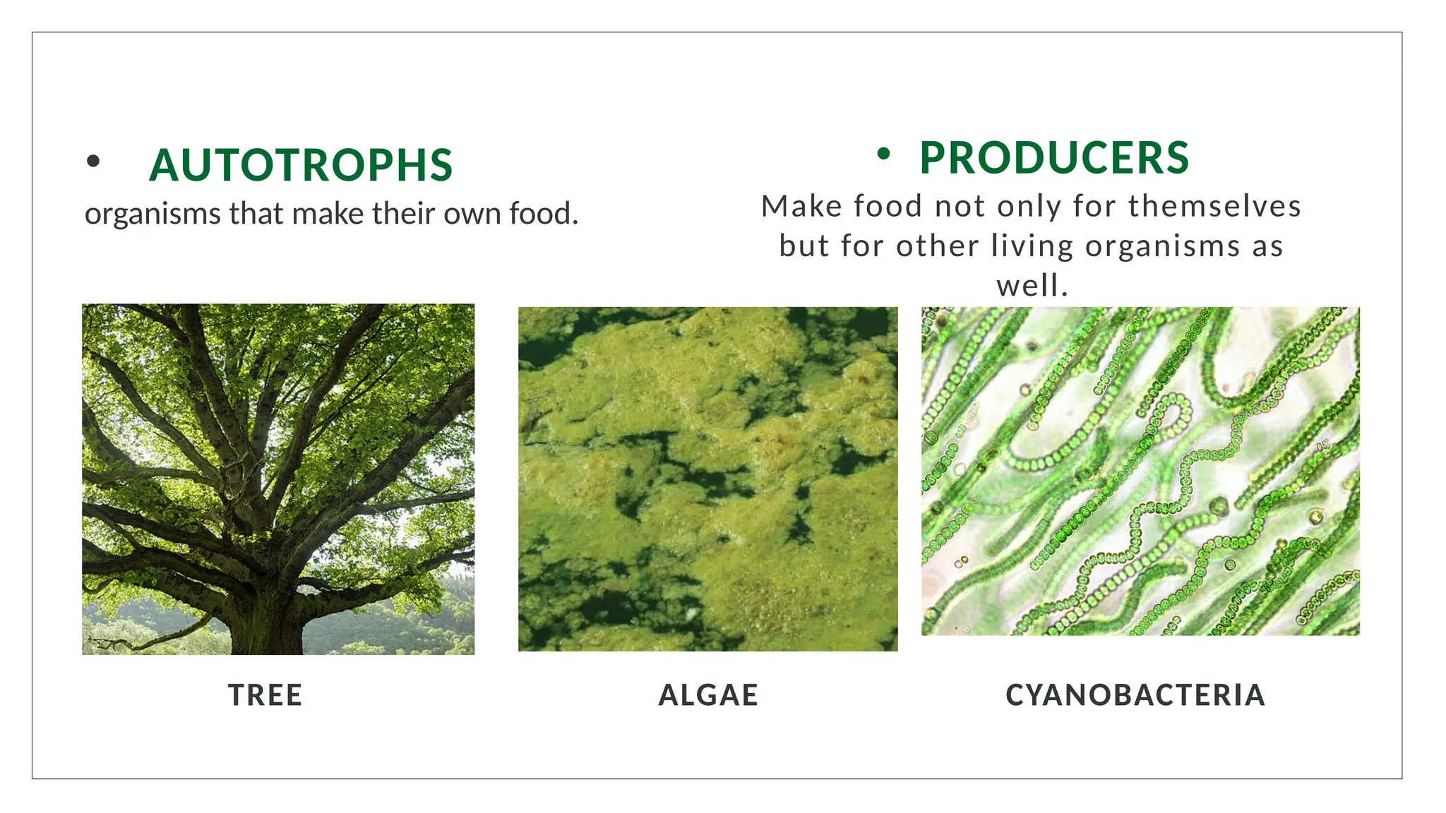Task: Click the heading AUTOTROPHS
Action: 301,165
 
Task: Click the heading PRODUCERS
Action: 1053,158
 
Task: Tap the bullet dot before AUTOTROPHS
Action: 93,162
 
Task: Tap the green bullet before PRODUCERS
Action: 883,153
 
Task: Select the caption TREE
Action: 265,695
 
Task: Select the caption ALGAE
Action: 708,695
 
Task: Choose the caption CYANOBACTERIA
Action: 1135,695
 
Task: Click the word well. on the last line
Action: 1032,286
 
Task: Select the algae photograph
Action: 708,478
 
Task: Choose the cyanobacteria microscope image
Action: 1140,471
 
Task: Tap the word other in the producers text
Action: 938,246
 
